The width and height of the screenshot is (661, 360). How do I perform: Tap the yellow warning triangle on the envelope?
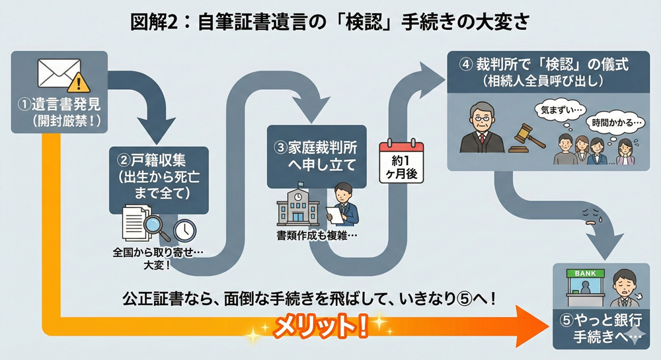(x=79, y=83)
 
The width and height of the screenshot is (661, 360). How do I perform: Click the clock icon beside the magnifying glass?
(x=184, y=229)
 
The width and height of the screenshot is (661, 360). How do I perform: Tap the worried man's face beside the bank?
(x=621, y=285)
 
